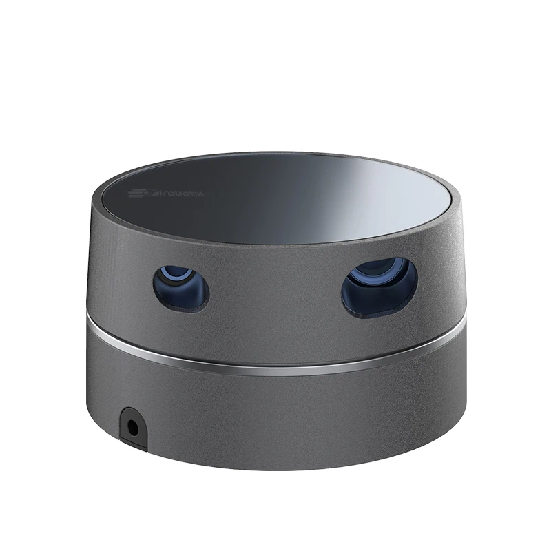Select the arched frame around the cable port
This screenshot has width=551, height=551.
(x=132, y=413)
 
